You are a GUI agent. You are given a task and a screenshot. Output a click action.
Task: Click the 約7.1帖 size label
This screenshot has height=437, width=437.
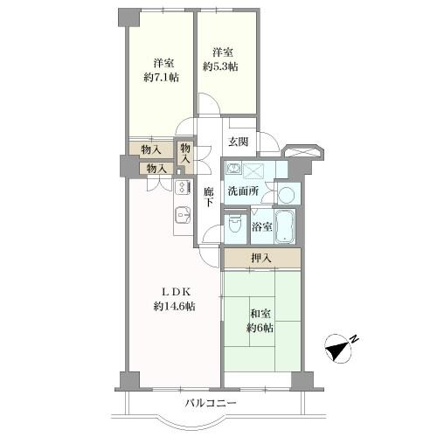click(x=161, y=78)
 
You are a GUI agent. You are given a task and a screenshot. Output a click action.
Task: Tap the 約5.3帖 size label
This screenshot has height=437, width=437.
click(x=220, y=66)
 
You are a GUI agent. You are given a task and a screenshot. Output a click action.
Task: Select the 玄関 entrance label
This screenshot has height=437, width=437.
click(x=239, y=142)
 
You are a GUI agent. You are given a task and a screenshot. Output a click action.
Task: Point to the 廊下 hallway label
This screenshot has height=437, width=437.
click(x=209, y=198)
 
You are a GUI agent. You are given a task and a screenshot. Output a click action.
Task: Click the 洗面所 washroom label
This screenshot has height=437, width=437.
click(x=243, y=191)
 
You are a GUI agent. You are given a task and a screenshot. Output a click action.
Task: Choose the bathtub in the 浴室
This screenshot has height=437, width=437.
click(x=284, y=226)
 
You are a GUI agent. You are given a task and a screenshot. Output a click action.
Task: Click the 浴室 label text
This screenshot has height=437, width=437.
click(x=262, y=227)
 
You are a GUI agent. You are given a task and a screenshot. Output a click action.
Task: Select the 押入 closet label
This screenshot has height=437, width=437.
click(x=261, y=258)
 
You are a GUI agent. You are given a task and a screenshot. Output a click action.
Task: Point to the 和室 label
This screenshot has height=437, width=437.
click(x=260, y=314)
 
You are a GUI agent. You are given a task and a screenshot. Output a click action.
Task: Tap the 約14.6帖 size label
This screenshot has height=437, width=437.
click(x=174, y=306)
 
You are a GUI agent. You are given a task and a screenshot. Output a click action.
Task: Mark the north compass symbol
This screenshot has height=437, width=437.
click(x=339, y=350)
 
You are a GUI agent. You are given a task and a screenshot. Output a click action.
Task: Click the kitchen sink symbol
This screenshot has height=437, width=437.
click(x=183, y=215)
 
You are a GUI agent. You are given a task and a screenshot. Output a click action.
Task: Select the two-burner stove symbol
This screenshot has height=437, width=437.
click(x=183, y=187)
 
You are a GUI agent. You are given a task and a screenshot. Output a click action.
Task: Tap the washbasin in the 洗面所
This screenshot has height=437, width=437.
click(x=233, y=169)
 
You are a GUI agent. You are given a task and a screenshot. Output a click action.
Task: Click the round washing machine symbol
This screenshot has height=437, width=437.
click(x=288, y=194)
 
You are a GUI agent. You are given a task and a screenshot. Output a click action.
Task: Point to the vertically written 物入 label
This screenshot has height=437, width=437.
click(x=185, y=154)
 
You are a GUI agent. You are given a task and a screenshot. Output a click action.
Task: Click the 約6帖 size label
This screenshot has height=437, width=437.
click(x=260, y=329)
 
